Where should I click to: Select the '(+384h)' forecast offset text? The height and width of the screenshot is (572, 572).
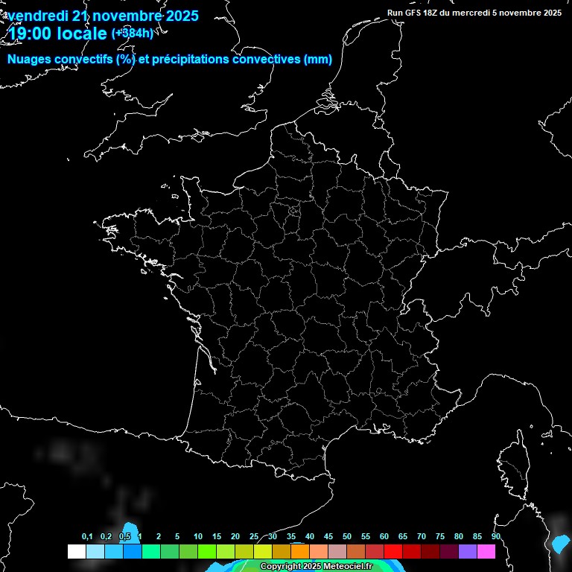(x=133, y=34)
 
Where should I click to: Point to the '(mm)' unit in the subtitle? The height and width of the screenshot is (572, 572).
(x=318, y=60)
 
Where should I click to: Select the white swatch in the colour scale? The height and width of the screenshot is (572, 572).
(x=76, y=552)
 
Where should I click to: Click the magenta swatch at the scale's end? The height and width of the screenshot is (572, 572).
(x=486, y=552)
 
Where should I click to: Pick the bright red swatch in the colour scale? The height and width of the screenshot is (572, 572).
(x=393, y=552)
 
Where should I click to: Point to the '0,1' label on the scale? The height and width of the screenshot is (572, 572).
(x=87, y=537)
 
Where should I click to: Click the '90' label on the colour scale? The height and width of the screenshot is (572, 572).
(x=496, y=537)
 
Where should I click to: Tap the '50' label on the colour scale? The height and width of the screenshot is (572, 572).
(x=347, y=537)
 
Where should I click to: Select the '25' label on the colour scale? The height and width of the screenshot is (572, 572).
(x=254, y=537)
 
